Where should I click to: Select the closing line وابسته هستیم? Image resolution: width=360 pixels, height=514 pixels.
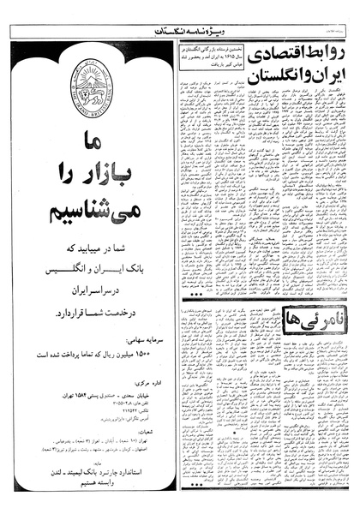click(87, 463)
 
